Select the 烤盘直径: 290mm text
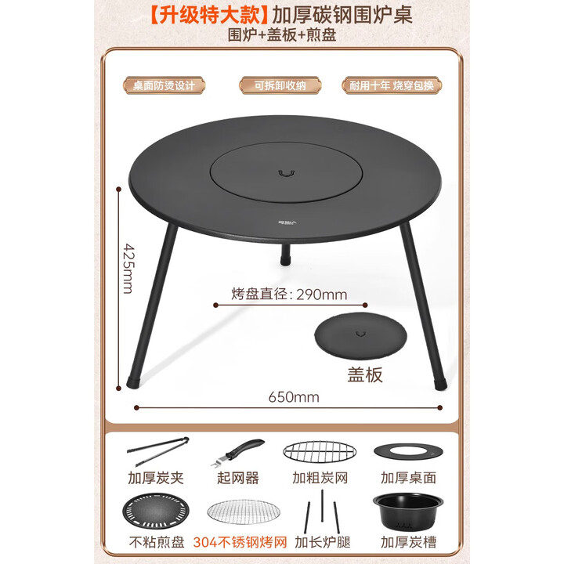[x=289, y=295]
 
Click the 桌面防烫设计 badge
[x=164, y=85]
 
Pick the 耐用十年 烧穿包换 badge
[x=392, y=85]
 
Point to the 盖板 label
[x=365, y=374]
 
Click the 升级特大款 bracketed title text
[x=207, y=16]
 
